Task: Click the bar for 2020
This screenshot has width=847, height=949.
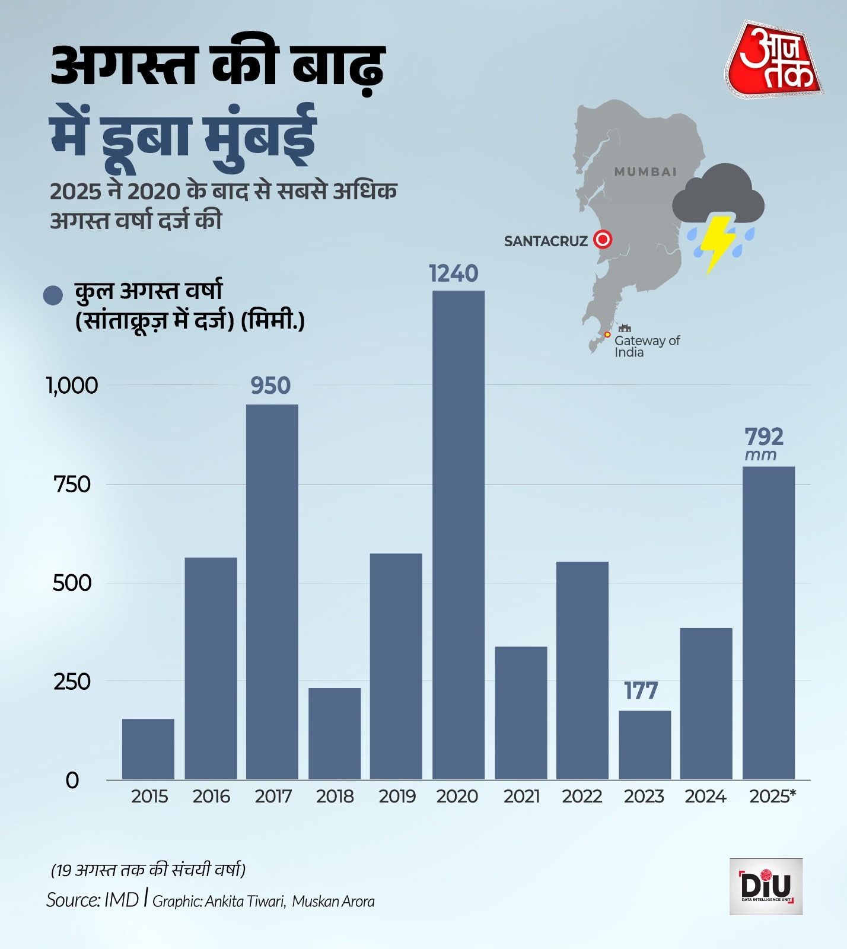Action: pyautogui.click(x=458, y=534)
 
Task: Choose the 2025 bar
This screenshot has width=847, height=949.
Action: pyautogui.click(x=768, y=623)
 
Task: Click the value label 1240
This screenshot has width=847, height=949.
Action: pyautogui.click(x=453, y=273)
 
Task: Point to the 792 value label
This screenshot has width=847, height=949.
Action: pyautogui.click(x=764, y=437)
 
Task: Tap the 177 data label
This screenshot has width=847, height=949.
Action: pyautogui.click(x=641, y=691)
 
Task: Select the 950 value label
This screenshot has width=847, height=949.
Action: pyautogui.click(x=270, y=386)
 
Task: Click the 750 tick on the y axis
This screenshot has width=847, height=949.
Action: pyautogui.click(x=72, y=485)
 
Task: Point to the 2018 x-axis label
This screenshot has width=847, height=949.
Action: pyautogui.click(x=335, y=796)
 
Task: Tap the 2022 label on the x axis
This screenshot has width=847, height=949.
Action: pyautogui.click(x=582, y=796)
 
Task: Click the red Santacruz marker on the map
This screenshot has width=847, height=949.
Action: pyautogui.click(x=603, y=240)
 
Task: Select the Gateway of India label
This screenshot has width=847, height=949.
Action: pyautogui.click(x=647, y=346)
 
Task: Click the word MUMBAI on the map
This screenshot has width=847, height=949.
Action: pyautogui.click(x=645, y=172)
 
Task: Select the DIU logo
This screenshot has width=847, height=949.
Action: pyautogui.click(x=766, y=886)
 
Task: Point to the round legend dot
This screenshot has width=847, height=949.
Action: pyautogui.click(x=53, y=295)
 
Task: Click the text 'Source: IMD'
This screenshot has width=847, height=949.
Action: pyautogui.click(x=93, y=900)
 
